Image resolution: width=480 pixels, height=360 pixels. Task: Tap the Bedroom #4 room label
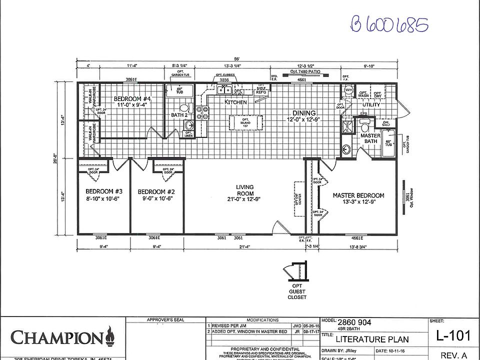coord(132,101)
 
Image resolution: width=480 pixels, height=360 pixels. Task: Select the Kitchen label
coord(235,102)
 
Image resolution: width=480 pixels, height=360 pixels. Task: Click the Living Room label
coord(245,193)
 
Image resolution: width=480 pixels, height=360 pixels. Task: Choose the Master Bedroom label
coord(358,198)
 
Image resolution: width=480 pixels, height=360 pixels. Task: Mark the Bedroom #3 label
coord(104,194)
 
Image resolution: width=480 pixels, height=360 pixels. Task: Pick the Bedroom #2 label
coord(155,194)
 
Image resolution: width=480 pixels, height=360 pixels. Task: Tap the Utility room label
coord(371,105)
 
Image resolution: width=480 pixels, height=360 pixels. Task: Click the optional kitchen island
coord(245,123)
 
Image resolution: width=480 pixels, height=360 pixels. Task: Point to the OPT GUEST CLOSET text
coord(297,292)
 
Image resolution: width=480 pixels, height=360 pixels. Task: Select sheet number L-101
coord(452,335)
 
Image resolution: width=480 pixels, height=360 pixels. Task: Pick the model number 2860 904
coord(354,322)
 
